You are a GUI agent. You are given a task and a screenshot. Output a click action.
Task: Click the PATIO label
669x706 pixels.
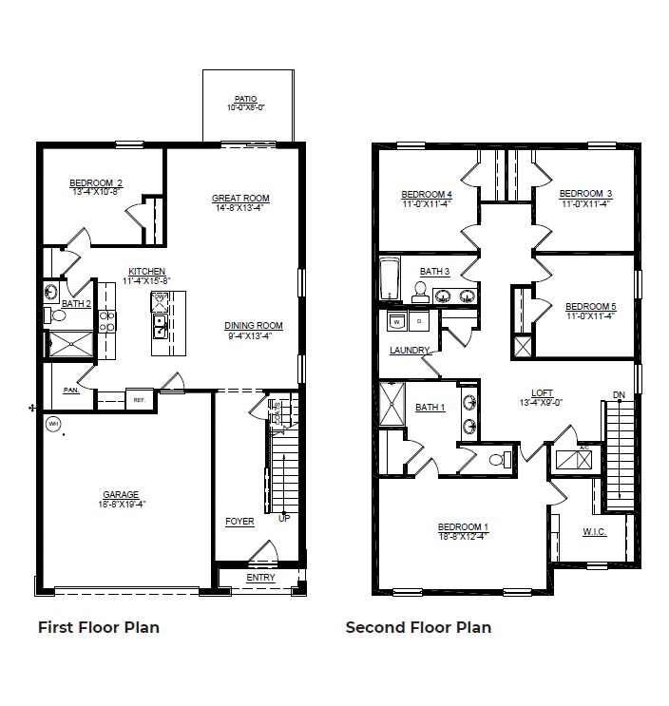click(245, 99)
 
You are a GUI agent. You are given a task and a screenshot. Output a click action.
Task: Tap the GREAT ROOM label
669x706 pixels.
click(240, 199)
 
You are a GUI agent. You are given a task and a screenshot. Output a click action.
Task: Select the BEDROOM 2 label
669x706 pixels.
click(95, 182)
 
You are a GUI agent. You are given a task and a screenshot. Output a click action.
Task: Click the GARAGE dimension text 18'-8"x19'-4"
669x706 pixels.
click(121, 505)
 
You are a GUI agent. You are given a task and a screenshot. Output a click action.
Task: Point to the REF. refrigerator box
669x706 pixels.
click(139, 400)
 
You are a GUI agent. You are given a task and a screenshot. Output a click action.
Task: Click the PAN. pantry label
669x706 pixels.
click(71, 390)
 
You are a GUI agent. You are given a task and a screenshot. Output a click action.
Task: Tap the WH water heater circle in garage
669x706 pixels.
click(53, 424)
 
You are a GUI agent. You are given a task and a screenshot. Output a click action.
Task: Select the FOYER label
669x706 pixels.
click(239, 522)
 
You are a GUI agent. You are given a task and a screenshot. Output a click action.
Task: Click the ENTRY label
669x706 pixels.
click(260, 577)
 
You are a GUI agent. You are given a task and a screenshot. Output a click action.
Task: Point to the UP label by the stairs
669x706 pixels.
click(283, 518)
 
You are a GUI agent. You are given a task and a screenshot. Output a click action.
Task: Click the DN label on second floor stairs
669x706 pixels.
click(619, 394)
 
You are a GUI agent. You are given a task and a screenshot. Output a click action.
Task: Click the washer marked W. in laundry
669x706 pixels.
click(395, 323)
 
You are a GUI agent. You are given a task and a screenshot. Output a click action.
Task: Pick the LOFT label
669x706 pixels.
click(541, 392)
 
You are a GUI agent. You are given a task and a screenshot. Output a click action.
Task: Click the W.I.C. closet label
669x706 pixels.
click(594, 531)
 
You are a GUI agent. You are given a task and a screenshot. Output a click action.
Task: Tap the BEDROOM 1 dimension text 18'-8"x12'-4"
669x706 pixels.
click(463, 537)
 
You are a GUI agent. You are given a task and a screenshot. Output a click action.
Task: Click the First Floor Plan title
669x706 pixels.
click(98, 627)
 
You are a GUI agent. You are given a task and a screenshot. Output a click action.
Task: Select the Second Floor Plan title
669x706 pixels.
click(418, 627)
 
